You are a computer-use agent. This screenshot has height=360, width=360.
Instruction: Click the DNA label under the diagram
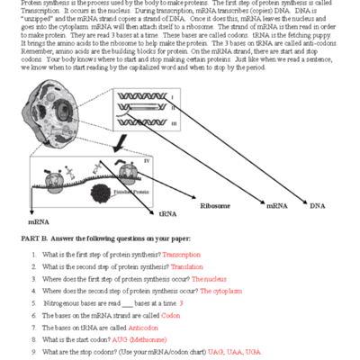(x=318, y=206)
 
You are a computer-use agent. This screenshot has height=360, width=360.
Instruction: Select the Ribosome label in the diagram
(x=214, y=206)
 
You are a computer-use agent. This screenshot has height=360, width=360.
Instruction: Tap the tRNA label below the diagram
(x=167, y=214)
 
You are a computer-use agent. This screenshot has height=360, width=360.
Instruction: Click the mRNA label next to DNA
(x=276, y=206)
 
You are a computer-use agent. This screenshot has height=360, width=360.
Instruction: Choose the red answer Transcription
(x=180, y=255)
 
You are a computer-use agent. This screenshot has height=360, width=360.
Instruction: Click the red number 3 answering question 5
(x=181, y=303)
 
